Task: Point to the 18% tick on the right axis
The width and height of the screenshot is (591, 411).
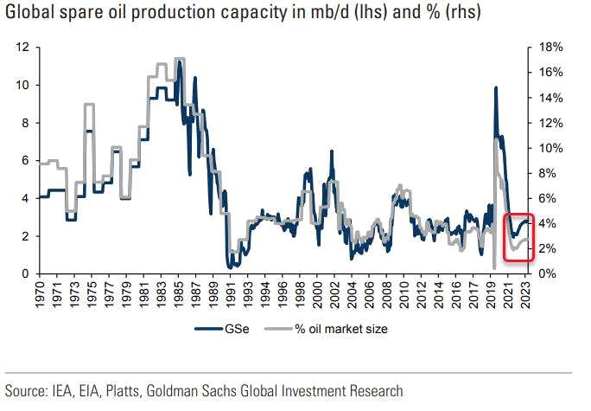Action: [x=550, y=47]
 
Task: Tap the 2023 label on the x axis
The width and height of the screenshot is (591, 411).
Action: [x=530, y=292]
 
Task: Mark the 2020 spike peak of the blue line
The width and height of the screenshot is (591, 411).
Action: [x=495, y=87]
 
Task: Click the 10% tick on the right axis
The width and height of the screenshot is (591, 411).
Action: [x=550, y=147]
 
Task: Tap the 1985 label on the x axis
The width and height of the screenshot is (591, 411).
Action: [x=175, y=292]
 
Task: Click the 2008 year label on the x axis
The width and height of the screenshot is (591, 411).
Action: [x=390, y=292]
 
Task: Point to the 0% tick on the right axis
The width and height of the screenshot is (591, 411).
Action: [x=548, y=273]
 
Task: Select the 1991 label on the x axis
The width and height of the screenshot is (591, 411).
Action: [x=232, y=292]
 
